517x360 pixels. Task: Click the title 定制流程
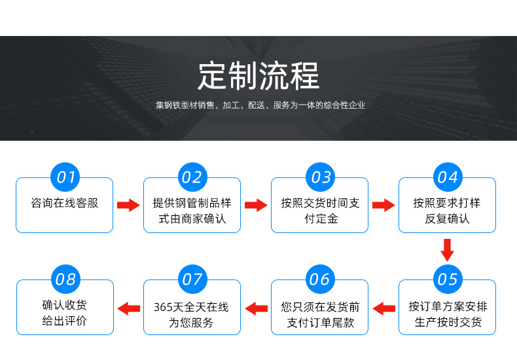tap(259, 76)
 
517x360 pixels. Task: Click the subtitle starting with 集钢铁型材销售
tap(260, 105)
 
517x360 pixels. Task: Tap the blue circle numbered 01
tap(65, 177)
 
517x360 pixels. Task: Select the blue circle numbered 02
tap(192, 177)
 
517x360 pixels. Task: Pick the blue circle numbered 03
tap(321, 177)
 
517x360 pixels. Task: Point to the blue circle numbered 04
tap(448, 177)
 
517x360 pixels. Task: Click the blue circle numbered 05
tap(448, 279)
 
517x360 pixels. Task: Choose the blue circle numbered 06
tap(320, 279)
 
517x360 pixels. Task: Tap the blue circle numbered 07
tap(192, 279)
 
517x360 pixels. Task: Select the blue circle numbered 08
tap(66, 279)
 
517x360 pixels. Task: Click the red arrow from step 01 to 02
tap(128, 205)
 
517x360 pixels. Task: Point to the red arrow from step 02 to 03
tap(256, 205)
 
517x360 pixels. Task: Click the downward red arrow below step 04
tap(447, 250)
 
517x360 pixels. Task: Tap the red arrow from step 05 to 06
tap(383, 308)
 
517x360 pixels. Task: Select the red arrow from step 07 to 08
tap(128, 308)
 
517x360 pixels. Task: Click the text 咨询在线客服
tap(65, 203)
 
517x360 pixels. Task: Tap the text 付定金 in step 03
tap(321, 219)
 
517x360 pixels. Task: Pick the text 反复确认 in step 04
tap(447, 219)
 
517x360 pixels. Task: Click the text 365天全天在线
tap(191, 307)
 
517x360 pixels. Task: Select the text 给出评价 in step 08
tap(65, 321)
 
